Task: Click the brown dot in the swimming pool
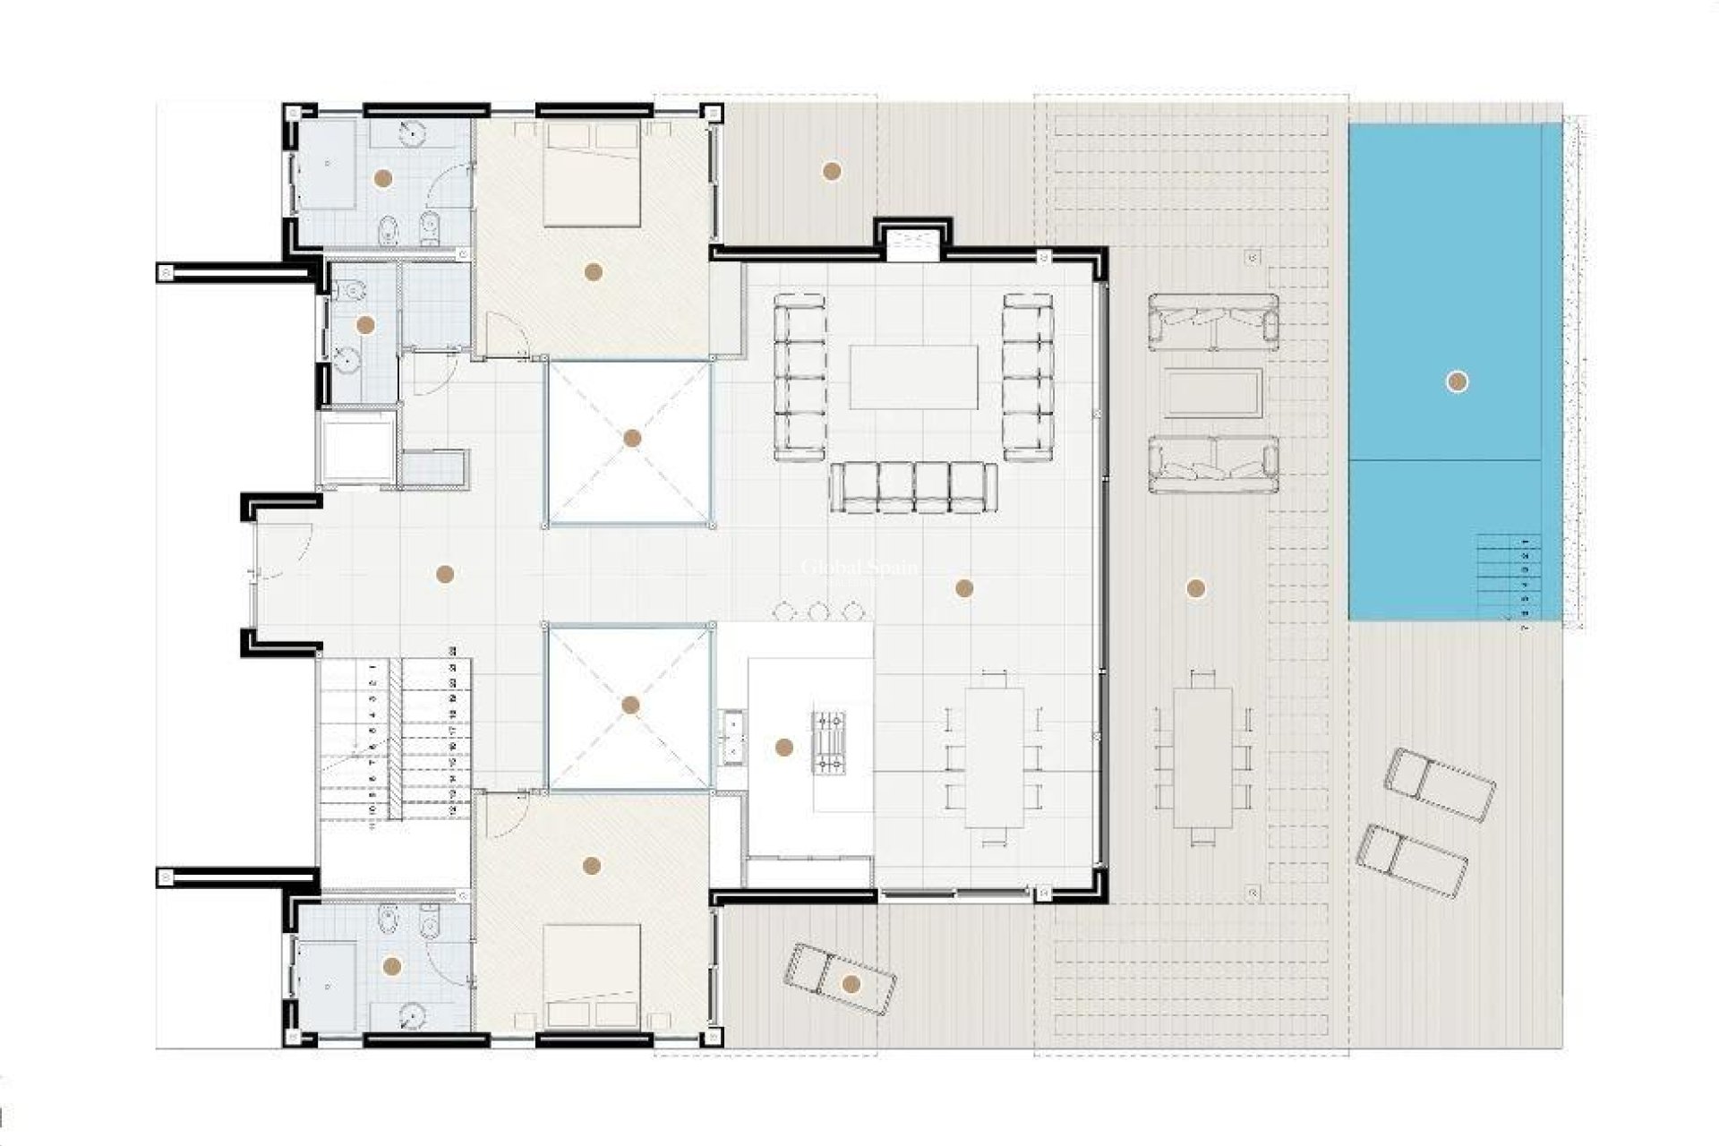pyautogui.click(x=1457, y=382)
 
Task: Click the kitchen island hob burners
pyautogui.click(x=827, y=740)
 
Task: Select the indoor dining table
pyautogui.click(x=994, y=757)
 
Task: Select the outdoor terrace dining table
pyautogui.click(x=1202, y=757)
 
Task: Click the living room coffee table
pyautogui.click(x=913, y=377)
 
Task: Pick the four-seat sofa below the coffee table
pyautogui.click(x=913, y=488)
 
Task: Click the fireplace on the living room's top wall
pyautogui.click(x=913, y=243)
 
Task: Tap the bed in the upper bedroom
pyautogui.click(x=593, y=175)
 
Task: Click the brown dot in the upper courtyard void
pyautogui.click(x=632, y=438)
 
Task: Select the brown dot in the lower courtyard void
pyautogui.click(x=630, y=706)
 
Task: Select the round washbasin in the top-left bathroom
pyautogui.click(x=411, y=133)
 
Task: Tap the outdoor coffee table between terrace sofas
pyautogui.click(x=1213, y=393)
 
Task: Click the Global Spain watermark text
pyautogui.click(x=859, y=568)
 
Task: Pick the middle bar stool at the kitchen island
pyautogui.click(x=817, y=611)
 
